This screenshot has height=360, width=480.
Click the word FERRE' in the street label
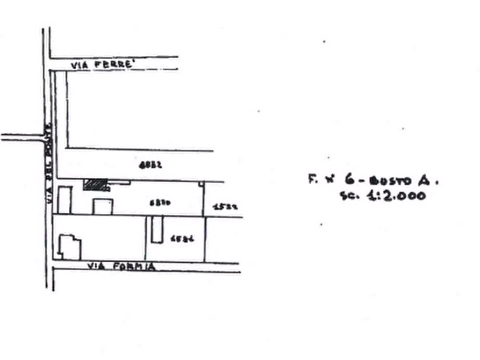[114, 64]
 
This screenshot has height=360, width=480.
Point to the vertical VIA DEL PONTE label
[47, 163]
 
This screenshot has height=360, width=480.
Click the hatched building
[95, 185]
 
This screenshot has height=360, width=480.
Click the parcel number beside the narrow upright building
[179, 238]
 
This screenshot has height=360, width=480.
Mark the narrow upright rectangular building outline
[156, 230]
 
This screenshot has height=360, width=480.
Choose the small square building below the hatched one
[101, 206]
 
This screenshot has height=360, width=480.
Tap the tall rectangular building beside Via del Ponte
[65, 199]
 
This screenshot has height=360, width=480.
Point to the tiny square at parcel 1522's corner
[202, 184]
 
